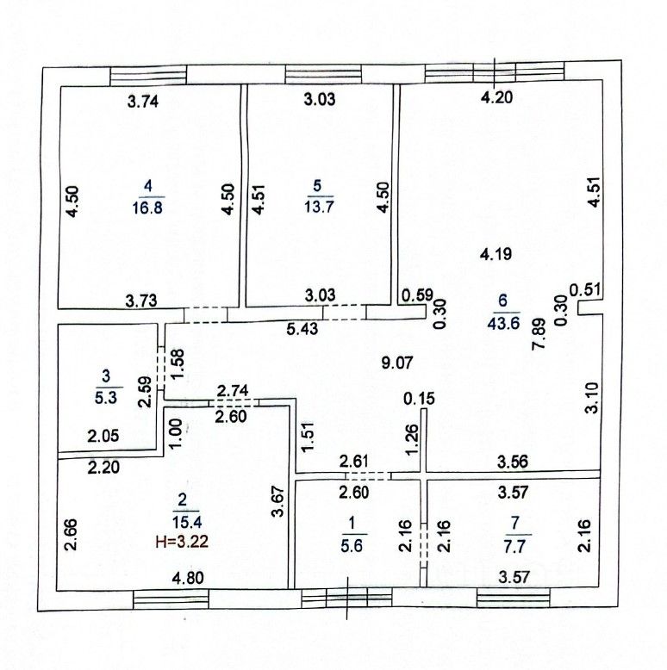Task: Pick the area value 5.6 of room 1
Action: click(x=351, y=544)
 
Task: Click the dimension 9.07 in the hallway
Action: click(x=399, y=363)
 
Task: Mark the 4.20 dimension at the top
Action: click(x=496, y=97)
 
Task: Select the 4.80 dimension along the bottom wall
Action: click(x=189, y=579)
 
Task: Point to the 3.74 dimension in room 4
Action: click(x=143, y=101)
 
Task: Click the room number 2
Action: click(x=182, y=499)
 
